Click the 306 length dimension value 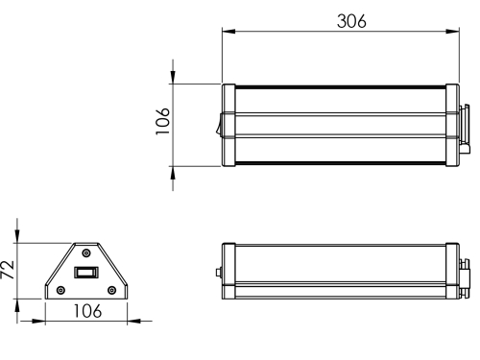(351, 21)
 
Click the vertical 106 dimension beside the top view (162, 121)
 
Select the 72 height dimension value (8, 270)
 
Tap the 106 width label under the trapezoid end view (87, 311)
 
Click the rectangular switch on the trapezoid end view (86, 273)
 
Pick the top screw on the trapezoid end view (86, 253)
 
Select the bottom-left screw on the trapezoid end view (60, 290)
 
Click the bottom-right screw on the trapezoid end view (111, 290)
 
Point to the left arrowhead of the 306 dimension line (228, 32)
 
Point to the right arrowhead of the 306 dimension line (452, 32)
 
